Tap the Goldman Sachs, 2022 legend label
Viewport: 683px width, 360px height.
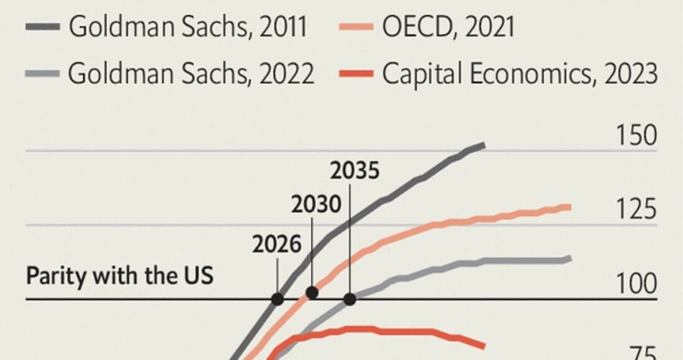191,74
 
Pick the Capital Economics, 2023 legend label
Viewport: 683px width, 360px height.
520,74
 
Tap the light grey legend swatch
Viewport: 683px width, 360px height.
42,74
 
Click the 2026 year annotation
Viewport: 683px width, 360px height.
276,244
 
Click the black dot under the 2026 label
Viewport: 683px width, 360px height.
278,299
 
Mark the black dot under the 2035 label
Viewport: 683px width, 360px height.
350,299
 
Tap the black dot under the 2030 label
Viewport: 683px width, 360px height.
312,292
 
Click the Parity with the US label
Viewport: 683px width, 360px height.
119,275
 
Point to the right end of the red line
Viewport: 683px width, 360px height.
484,346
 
